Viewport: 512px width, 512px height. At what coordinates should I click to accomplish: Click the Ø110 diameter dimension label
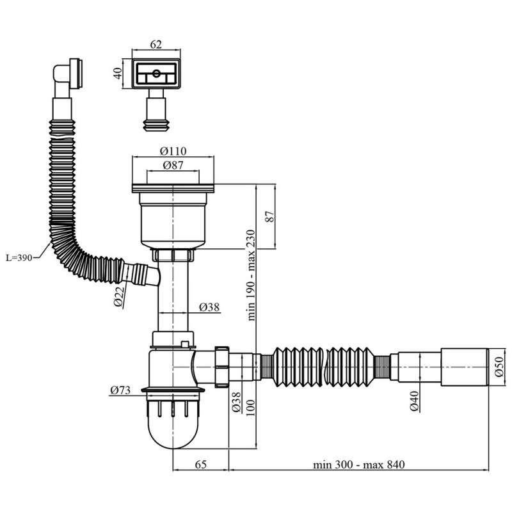(172, 151)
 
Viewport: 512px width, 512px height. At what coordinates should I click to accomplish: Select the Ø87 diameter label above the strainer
(172, 166)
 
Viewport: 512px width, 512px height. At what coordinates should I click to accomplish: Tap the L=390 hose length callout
(20, 258)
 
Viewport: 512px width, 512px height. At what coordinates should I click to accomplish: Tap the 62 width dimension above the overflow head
(156, 44)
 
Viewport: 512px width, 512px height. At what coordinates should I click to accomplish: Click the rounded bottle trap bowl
(172, 426)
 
